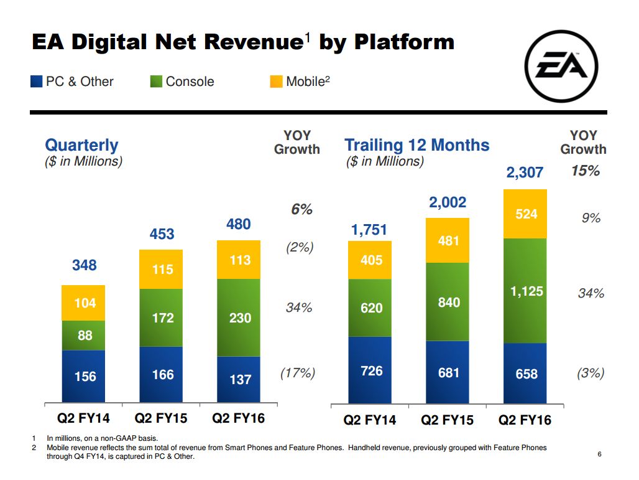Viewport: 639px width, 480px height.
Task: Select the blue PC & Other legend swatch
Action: [37, 82]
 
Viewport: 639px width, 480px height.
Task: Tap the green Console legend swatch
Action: [157, 82]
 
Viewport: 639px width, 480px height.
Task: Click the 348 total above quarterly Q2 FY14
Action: [84, 265]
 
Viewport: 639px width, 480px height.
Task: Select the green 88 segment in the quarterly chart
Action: [84, 336]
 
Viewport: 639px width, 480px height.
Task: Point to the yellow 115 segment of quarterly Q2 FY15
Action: [162, 270]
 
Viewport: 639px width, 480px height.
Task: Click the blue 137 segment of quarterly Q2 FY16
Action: [239, 379]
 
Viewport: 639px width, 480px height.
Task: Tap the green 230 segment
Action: [239, 318]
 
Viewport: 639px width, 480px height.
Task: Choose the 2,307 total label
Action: [525, 173]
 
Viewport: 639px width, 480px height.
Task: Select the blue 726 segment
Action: [370, 370]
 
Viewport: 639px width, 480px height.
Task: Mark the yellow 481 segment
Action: [448, 240]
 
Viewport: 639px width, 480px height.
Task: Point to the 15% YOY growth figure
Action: [585, 171]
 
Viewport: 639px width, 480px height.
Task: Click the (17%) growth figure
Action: [298, 374]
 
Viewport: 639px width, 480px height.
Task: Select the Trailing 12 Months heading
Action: [417, 146]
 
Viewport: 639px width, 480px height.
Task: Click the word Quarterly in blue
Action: [81, 146]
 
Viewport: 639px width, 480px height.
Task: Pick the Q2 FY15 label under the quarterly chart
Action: [161, 418]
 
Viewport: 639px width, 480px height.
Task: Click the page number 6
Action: [599, 454]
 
